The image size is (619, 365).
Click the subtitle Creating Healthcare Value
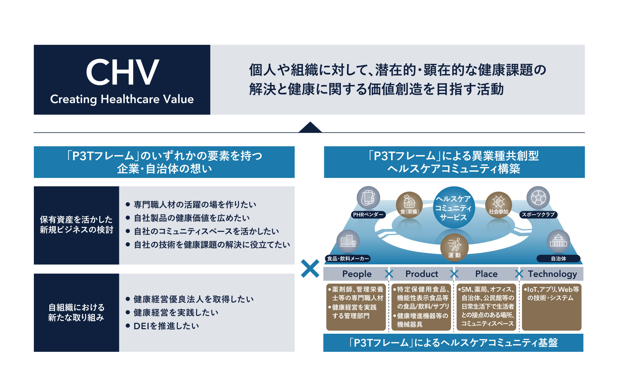[x=122, y=99]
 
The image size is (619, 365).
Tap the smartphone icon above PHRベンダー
[x=368, y=198]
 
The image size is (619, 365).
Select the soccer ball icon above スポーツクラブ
[x=538, y=198]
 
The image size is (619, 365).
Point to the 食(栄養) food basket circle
[x=409, y=205]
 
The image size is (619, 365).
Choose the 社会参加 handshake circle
[x=498, y=205]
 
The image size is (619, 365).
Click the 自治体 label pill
[x=558, y=259]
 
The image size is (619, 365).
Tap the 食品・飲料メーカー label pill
[x=348, y=259]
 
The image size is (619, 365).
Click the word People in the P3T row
[x=357, y=274]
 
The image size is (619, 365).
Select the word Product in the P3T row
[x=422, y=274]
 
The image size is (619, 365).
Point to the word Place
[x=486, y=274]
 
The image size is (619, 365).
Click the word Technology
[x=552, y=274]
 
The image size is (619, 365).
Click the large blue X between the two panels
[x=310, y=269]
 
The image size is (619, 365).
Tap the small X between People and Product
[x=389, y=274]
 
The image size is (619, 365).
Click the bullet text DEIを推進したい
[x=166, y=326]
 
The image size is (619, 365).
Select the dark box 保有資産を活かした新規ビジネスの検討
[x=76, y=225]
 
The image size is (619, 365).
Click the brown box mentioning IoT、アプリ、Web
[x=552, y=307]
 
